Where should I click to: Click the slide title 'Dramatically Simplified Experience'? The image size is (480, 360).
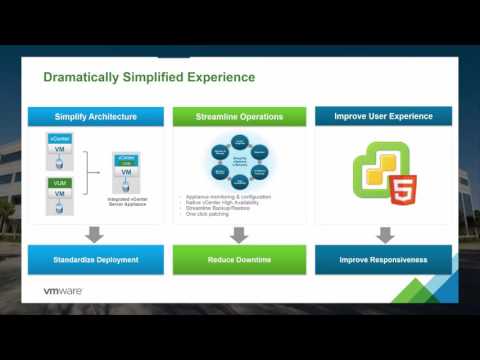pyautogui.click(x=148, y=77)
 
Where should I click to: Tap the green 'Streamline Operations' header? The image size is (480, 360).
pyautogui.click(x=240, y=116)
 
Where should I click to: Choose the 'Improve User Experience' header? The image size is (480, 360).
pyautogui.click(x=383, y=116)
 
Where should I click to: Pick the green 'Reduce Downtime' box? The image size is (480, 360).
pyautogui.click(x=239, y=260)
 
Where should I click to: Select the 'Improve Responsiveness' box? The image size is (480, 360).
pyautogui.click(x=383, y=260)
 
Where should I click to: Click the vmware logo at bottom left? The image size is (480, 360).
pyautogui.click(x=62, y=291)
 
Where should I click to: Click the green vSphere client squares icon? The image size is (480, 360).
pyautogui.click(x=369, y=170)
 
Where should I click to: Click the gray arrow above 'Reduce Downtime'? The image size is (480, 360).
pyautogui.click(x=239, y=235)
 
